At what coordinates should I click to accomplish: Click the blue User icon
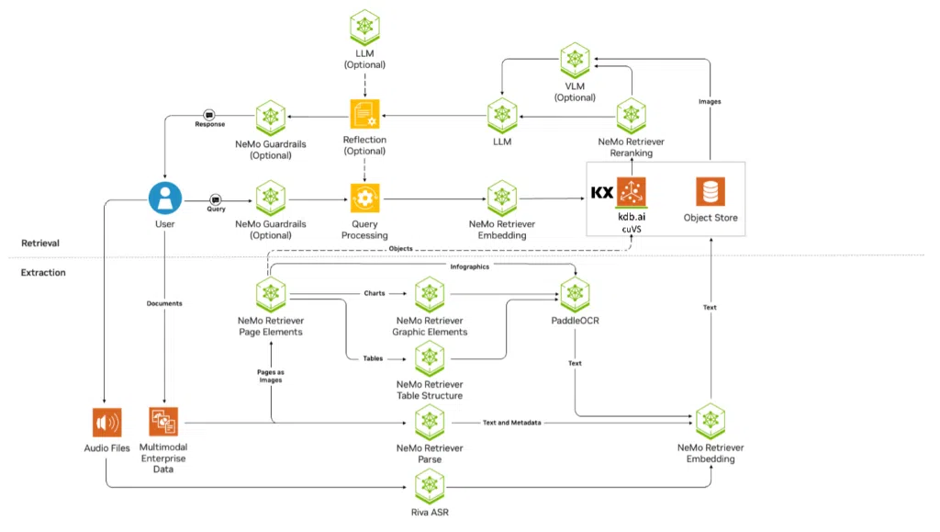(165, 197)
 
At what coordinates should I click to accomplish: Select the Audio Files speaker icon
(106, 423)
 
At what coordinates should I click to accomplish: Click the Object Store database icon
(710, 192)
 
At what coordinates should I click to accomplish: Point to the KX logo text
(602, 193)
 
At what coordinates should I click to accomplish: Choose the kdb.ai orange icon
(632, 192)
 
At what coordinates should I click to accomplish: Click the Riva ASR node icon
(430, 484)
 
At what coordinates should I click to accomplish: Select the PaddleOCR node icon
(575, 295)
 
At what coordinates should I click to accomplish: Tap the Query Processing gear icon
(364, 197)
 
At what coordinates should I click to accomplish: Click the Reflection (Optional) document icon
(364, 115)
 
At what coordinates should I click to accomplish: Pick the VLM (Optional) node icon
(575, 60)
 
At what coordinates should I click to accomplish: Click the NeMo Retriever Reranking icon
(631, 116)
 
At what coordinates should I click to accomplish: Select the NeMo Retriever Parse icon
(430, 422)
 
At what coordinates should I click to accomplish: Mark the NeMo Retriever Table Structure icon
(430, 357)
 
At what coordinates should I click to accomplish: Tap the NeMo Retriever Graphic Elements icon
(430, 295)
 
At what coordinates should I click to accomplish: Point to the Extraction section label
(43, 272)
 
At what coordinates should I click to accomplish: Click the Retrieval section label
(40, 243)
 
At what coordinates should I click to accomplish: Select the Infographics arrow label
(469, 266)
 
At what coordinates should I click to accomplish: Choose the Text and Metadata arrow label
(511, 423)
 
